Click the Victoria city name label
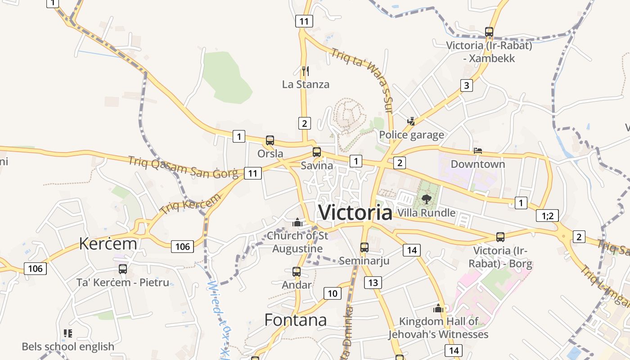tap(355, 212)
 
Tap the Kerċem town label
tap(108, 243)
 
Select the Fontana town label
tap(295, 320)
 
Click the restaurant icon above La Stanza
tap(306, 71)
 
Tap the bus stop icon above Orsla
tap(270, 140)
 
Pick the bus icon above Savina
tap(317, 152)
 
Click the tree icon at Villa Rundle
tap(427, 199)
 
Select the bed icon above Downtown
tap(478, 151)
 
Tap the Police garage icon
tap(411, 121)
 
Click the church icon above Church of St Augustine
tap(297, 222)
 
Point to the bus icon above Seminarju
tap(364, 247)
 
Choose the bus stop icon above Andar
tap(296, 272)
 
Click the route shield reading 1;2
tap(547, 216)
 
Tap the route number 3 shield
tap(467, 85)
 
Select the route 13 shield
tap(373, 283)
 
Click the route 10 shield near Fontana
tap(332, 294)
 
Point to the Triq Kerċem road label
tap(191, 203)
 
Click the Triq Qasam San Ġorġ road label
tap(183, 167)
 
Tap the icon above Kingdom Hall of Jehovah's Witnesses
tap(438, 308)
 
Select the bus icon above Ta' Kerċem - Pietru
tap(123, 269)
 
